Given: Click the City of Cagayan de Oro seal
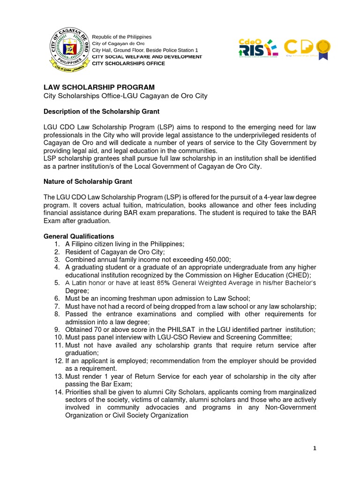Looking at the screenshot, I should (x=69, y=49).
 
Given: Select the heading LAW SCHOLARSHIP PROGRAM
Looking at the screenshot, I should (x=99, y=87).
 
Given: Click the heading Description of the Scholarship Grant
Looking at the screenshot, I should (x=101, y=112).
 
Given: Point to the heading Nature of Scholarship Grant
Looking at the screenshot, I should (x=88, y=181).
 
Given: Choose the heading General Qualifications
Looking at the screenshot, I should (x=79, y=236).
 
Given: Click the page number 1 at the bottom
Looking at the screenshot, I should (x=315, y=449).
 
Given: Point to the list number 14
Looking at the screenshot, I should (x=58, y=392).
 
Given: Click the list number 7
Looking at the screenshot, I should (x=58, y=306).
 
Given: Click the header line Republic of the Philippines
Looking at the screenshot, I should (x=121, y=37).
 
